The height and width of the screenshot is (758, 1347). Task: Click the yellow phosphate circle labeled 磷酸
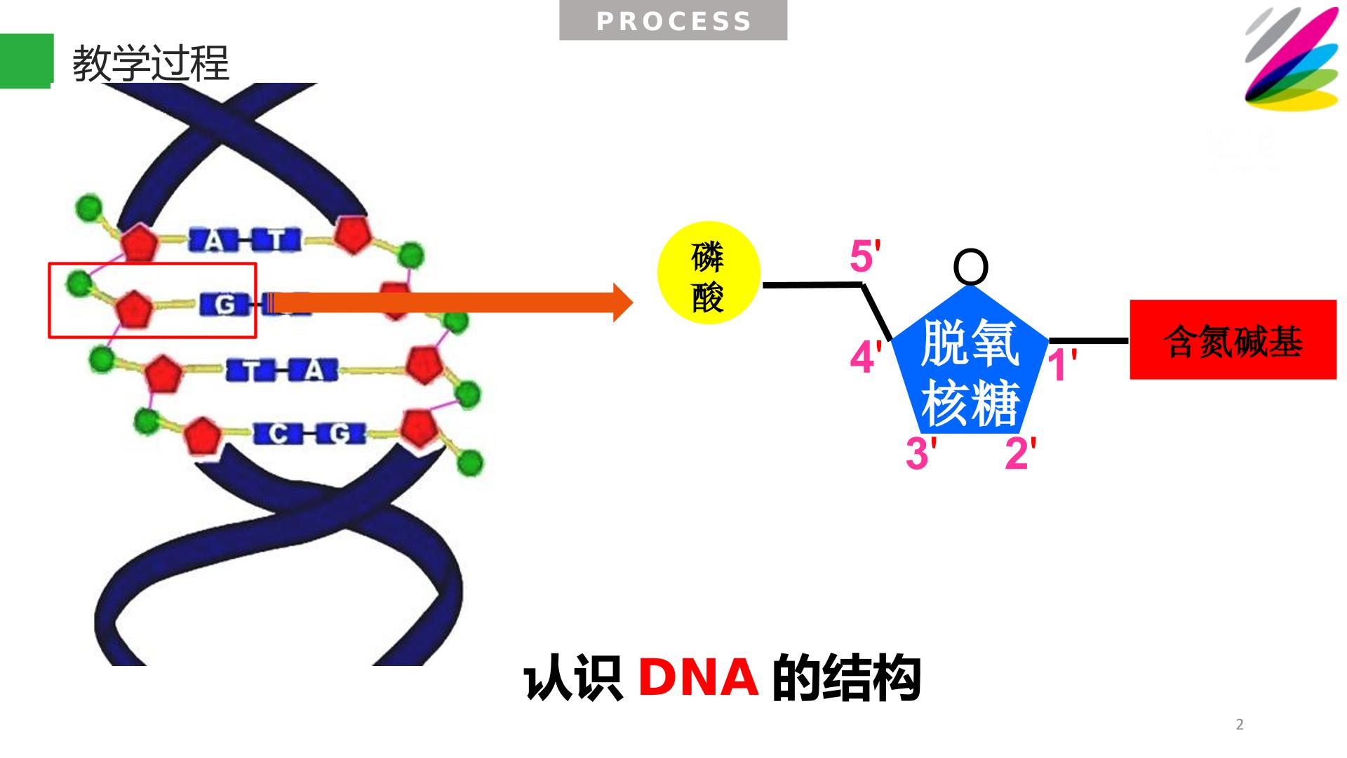(709, 273)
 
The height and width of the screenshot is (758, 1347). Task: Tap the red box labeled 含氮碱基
(1233, 340)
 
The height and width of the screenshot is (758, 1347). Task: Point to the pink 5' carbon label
(865, 256)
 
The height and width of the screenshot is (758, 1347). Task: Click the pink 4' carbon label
(865, 357)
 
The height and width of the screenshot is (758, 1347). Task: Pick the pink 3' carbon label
(921, 453)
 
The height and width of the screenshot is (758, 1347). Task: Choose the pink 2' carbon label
(1021, 453)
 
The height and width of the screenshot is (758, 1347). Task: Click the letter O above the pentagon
(971, 267)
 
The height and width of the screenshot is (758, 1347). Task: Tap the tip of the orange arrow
(634, 302)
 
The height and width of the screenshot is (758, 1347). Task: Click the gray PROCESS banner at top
(673, 21)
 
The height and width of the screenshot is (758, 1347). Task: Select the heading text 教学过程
(151, 63)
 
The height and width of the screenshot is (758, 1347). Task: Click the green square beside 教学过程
(27, 61)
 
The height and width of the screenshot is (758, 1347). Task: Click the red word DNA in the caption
(698, 678)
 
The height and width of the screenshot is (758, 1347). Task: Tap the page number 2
(1240, 725)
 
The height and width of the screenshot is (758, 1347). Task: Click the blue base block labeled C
(279, 434)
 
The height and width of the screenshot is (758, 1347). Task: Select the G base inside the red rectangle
(225, 305)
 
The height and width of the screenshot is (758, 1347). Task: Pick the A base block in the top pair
(214, 241)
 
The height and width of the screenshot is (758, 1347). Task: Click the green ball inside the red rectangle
(79, 284)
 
